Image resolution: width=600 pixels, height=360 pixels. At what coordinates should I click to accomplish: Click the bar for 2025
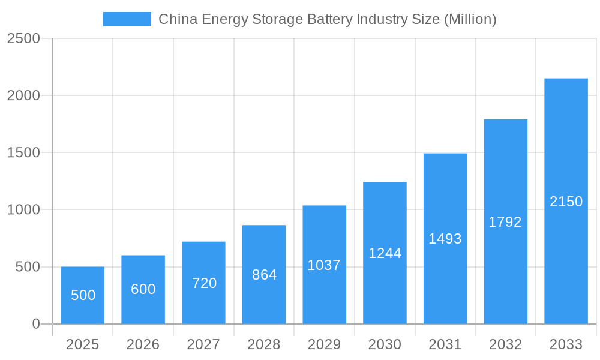tap(83, 295)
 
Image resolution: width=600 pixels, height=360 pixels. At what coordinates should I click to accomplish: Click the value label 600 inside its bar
tap(143, 289)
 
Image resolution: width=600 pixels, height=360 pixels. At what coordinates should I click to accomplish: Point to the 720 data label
tap(204, 283)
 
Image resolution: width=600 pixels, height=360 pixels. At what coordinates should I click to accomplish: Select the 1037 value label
tap(324, 265)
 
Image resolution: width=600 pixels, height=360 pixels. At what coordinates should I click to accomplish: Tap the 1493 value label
tap(445, 239)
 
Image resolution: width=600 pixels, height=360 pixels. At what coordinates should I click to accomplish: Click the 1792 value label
tap(505, 222)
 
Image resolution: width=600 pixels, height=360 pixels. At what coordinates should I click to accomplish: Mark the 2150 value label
tap(566, 202)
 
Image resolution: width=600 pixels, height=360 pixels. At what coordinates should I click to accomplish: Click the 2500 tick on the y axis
tap(23, 39)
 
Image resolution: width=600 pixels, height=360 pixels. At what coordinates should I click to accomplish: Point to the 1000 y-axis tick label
tap(23, 210)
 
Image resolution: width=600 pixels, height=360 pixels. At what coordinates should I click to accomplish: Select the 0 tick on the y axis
tap(35, 324)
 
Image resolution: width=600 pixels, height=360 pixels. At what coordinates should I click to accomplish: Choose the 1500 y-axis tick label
tap(23, 153)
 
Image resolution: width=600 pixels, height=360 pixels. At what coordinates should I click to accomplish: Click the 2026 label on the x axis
tap(143, 344)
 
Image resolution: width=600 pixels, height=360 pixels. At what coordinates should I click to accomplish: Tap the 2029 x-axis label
tap(324, 344)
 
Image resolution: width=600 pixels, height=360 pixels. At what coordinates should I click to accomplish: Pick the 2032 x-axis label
tap(505, 344)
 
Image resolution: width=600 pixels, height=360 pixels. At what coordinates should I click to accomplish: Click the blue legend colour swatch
tap(127, 19)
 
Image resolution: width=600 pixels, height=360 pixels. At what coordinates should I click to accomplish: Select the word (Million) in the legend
tap(470, 19)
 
